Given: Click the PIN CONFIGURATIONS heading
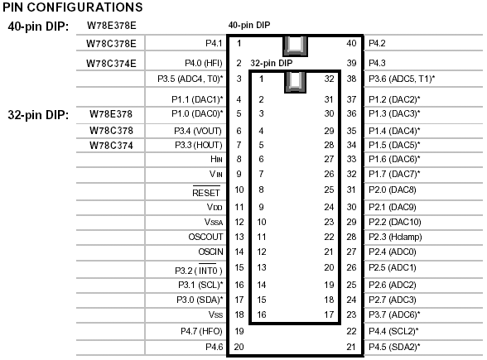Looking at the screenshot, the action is [73, 7].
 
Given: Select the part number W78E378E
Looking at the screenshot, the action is [112, 26].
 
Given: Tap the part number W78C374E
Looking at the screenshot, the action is [111, 63].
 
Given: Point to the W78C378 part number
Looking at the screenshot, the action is [111, 131].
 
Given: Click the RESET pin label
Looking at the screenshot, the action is [206, 192].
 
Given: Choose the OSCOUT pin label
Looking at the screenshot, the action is [205, 237].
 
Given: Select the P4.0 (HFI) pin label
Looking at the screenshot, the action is [204, 63].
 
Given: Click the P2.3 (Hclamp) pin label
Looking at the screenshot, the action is [395, 237].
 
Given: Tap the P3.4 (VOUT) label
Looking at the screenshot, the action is [198, 131].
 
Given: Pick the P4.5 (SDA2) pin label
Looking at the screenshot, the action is [394, 347].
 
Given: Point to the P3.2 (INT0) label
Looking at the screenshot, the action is [199, 270].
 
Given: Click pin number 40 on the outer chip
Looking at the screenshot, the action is [351, 43].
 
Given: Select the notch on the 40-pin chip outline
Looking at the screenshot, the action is [295, 46].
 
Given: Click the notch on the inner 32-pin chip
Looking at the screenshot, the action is [295, 82].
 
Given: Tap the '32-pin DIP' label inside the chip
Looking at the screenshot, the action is [272, 63].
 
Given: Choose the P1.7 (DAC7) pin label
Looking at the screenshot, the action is [394, 174].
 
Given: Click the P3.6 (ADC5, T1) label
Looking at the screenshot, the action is [402, 79].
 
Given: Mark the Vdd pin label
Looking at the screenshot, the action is [215, 207].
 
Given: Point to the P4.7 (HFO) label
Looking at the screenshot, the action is [201, 331].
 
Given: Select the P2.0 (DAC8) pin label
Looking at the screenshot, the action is [393, 190].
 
